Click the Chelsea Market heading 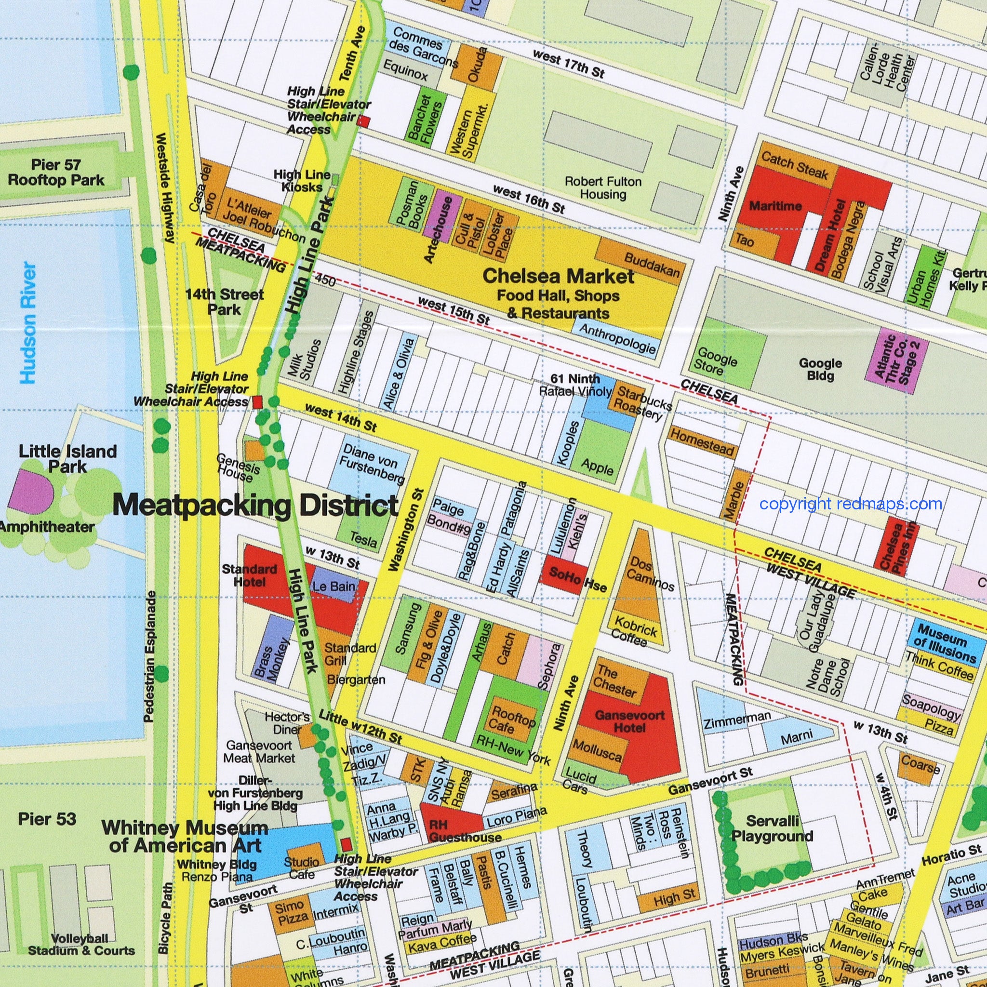pos(558,276)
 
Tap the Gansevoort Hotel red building pos(629,721)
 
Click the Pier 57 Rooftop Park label pos(56,172)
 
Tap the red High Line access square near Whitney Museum pos(347,844)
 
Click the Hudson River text pos(28,323)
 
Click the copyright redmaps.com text pos(851,504)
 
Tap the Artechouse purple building pos(442,220)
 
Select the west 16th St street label pos(529,199)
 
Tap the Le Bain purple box pos(334,586)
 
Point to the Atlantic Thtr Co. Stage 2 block pos(896,360)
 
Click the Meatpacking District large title pos(255,506)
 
